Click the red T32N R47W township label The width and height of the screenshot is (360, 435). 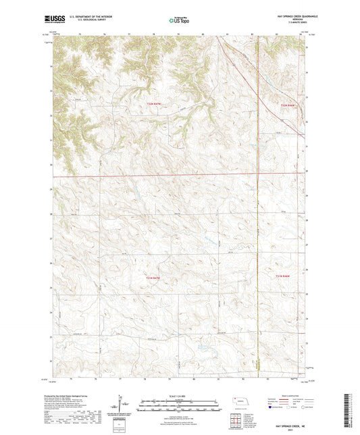coord(155,103)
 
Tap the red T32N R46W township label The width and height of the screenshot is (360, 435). coord(288,105)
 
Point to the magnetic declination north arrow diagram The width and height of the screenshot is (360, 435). coord(124,405)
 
